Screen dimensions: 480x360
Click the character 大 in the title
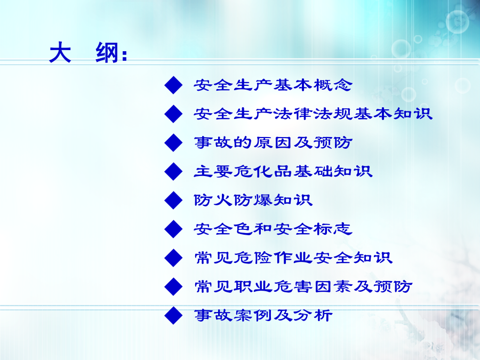(x=60, y=53)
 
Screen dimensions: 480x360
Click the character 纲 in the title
(x=107, y=53)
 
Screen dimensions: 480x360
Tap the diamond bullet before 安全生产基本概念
(x=173, y=85)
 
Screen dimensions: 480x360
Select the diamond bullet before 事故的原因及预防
(x=173, y=142)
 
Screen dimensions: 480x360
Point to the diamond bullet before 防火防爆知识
(x=173, y=200)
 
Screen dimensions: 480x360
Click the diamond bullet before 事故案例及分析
(x=173, y=315)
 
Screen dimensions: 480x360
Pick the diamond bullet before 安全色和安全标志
(x=173, y=229)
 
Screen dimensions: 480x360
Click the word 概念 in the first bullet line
(x=333, y=85)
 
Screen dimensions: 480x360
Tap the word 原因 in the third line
(x=274, y=142)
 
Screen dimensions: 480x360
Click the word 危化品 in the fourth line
(x=263, y=171)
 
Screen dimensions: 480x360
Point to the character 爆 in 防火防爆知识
(x=263, y=200)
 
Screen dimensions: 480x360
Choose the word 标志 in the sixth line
(x=333, y=229)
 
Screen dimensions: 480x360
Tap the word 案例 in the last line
(x=253, y=315)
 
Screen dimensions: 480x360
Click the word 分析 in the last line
(x=313, y=315)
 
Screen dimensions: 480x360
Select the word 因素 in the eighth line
(x=333, y=286)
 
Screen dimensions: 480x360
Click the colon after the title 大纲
(x=124, y=55)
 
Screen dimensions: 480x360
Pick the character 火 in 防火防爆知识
(x=223, y=200)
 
